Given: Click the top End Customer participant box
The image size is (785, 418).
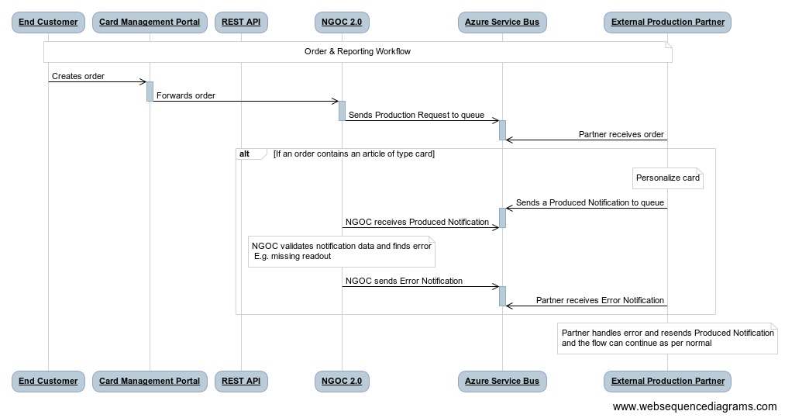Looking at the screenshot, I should click(48, 22).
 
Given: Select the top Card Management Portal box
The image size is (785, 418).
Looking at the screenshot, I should click(150, 22).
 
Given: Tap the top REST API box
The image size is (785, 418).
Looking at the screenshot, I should click(241, 22).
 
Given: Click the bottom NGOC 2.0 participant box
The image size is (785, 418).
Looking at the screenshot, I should click(342, 381).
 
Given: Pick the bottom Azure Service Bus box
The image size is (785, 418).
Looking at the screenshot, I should click(502, 381).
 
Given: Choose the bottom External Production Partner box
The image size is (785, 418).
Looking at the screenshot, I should click(667, 381).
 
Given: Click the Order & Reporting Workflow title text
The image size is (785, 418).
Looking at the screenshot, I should click(357, 52).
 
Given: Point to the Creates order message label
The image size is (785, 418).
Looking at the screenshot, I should click(78, 77).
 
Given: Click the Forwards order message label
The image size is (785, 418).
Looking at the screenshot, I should click(186, 96).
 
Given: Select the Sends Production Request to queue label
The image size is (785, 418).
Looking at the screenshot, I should click(416, 116).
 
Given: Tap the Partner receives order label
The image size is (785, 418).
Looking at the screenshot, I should click(621, 135).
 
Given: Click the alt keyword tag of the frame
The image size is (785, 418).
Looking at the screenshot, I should click(245, 154).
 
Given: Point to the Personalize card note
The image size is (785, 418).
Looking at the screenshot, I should click(667, 178).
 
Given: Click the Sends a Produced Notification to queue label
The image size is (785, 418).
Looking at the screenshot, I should click(590, 203).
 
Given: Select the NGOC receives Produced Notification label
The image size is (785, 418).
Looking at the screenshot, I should click(417, 223).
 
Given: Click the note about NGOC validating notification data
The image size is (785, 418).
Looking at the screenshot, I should click(341, 251).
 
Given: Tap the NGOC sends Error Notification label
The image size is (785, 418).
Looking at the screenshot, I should click(404, 282).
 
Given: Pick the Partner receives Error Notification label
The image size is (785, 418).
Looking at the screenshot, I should click(600, 301).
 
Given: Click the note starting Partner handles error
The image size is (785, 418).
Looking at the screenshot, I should click(667, 338).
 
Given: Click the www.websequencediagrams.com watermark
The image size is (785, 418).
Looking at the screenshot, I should click(694, 406).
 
